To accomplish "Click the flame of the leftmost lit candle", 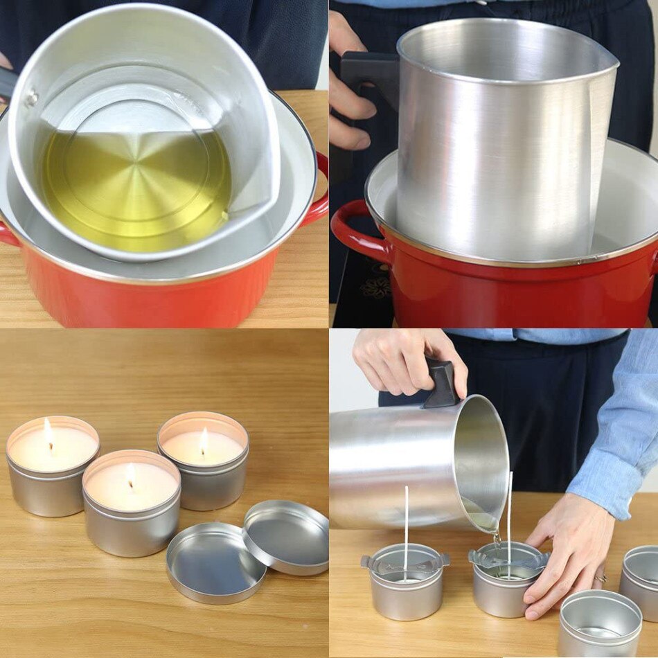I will coord(48,434).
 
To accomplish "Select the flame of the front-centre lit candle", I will coord(131,474).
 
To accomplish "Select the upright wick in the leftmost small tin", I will coord(406,526).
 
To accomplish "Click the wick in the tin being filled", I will coord(510,519).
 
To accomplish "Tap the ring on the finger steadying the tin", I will coord(600,578).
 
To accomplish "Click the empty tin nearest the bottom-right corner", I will coord(600,623).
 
